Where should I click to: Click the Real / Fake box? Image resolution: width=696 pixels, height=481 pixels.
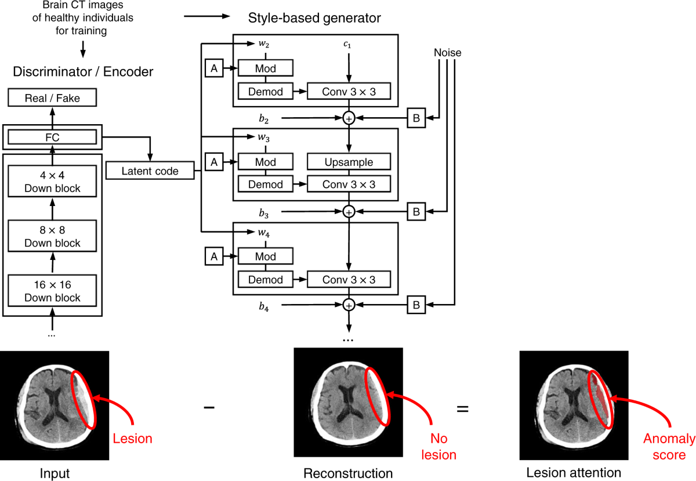tap(52, 98)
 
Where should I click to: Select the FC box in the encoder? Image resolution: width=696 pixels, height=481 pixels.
tap(52, 137)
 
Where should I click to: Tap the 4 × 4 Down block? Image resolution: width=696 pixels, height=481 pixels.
tap(52, 182)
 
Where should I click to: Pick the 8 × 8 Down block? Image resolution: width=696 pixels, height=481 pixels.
tap(52, 237)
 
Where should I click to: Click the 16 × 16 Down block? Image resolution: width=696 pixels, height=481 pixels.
tap(52, 292)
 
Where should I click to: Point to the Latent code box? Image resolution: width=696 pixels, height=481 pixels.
tap(150, 171)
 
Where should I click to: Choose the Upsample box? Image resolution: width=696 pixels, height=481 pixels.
tap(349, 162)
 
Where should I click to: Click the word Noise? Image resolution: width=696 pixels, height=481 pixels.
tap(447, 53)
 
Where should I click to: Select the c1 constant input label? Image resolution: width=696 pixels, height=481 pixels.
tap(349, 44)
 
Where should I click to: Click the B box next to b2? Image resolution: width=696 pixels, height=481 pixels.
tap(416, 118)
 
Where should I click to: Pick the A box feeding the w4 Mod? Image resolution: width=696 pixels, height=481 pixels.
tap(214, 256)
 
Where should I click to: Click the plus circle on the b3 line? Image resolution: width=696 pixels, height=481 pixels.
tap(349, 212)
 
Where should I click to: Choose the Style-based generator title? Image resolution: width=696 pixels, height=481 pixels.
tap(314, 18)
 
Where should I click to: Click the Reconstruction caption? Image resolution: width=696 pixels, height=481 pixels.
tap(348, 473)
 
